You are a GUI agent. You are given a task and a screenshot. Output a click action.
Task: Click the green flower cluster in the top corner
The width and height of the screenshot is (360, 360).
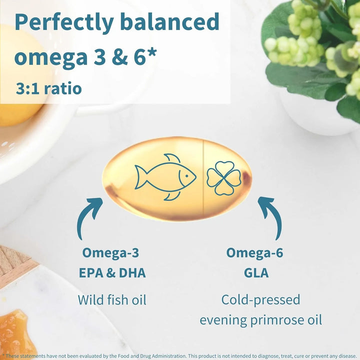point(300,42)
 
